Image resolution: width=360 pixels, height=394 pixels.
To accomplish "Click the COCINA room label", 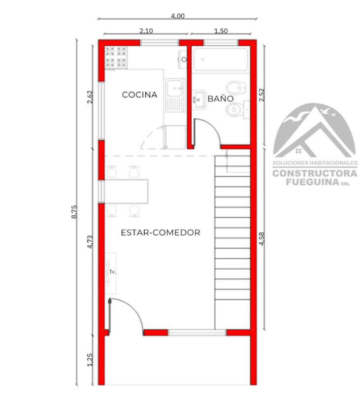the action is click(x=140, y=95).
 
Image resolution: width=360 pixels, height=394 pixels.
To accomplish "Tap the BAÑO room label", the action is click(x=221, y=98).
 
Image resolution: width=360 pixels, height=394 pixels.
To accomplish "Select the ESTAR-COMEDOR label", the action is click(x=161, y=232).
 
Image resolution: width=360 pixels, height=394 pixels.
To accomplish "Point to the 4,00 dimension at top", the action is click(x=178, y=16).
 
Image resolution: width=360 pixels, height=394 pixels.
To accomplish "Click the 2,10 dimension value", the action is click(x=146, y=31).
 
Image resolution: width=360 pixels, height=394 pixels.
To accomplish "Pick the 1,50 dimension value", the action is click(x=221, y=31).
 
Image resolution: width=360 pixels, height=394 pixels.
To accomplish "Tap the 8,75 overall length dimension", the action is click(x=74, y=212).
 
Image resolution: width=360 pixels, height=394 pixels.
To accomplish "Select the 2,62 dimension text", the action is click(x=90, y=97).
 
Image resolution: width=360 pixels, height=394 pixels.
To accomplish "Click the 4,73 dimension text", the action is click(x=90, y=242).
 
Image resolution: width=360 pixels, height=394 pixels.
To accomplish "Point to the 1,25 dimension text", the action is click(x=90, y=360).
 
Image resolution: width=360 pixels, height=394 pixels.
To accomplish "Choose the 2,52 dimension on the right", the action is click(x=262, y=95).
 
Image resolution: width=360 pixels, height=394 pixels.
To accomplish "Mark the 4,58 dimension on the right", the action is click(x=262, y=239).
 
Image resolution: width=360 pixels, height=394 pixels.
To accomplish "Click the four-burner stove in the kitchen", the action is click(x=116, y=57).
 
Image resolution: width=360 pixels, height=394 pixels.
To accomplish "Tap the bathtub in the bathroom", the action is click(x=221, y=60).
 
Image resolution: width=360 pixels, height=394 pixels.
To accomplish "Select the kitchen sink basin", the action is click(x=174, y=88).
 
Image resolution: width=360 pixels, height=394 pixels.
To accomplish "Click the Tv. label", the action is click(x=113, y=272).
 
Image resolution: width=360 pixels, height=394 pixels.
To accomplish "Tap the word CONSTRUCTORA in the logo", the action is click(x=315, y=173).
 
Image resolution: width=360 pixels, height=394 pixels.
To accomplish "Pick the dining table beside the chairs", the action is click(x=126, y=191).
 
